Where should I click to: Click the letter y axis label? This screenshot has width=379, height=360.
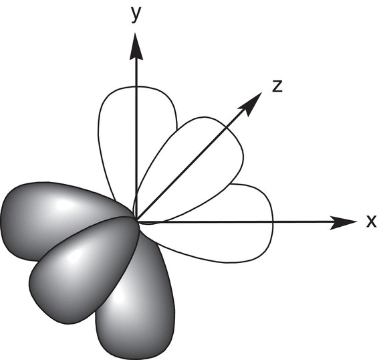click(136, 15)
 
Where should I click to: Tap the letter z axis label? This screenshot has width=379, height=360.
click(277, 86)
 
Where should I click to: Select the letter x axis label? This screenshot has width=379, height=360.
click(371, 221)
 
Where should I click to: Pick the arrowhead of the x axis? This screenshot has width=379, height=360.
click(343, 221)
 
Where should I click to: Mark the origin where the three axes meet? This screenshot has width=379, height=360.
click(136, 221)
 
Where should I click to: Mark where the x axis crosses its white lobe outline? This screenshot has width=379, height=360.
click(273, 221)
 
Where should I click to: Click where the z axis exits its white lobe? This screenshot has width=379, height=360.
click(225, 128)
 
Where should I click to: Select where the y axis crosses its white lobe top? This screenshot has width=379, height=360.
click(136, 86)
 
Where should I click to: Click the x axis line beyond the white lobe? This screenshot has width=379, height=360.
click(302, 221)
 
